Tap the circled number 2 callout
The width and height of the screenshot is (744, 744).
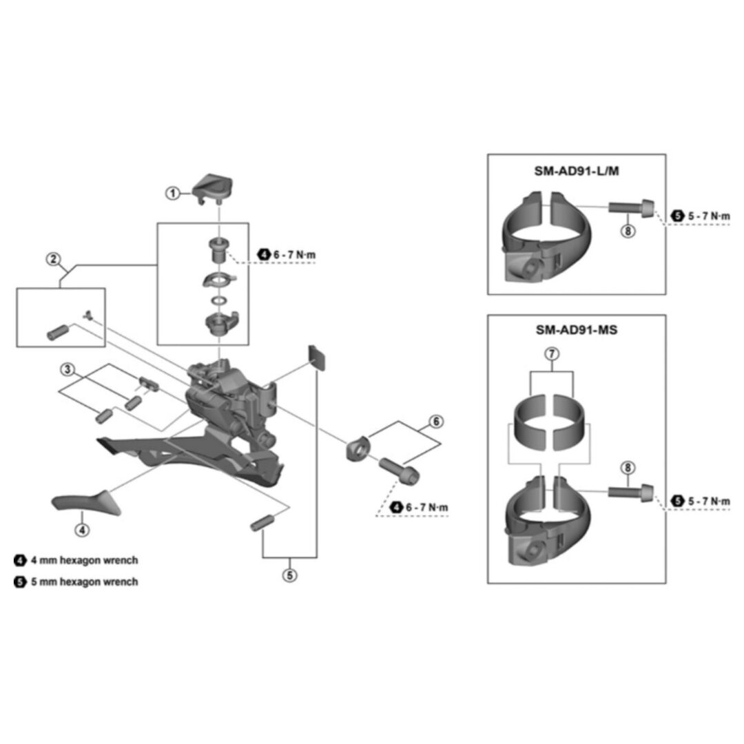pos(52,260)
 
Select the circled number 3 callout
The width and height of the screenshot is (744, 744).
pos(67,370)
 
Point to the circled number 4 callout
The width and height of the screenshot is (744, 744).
pos(81,530)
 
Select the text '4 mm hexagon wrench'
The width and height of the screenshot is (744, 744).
pos(84,560)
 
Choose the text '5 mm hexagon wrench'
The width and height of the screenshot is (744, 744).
pos(84,581)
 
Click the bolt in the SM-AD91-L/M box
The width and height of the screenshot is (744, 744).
pos(630,207)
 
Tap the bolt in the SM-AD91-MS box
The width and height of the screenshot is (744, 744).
pos(630,492)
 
